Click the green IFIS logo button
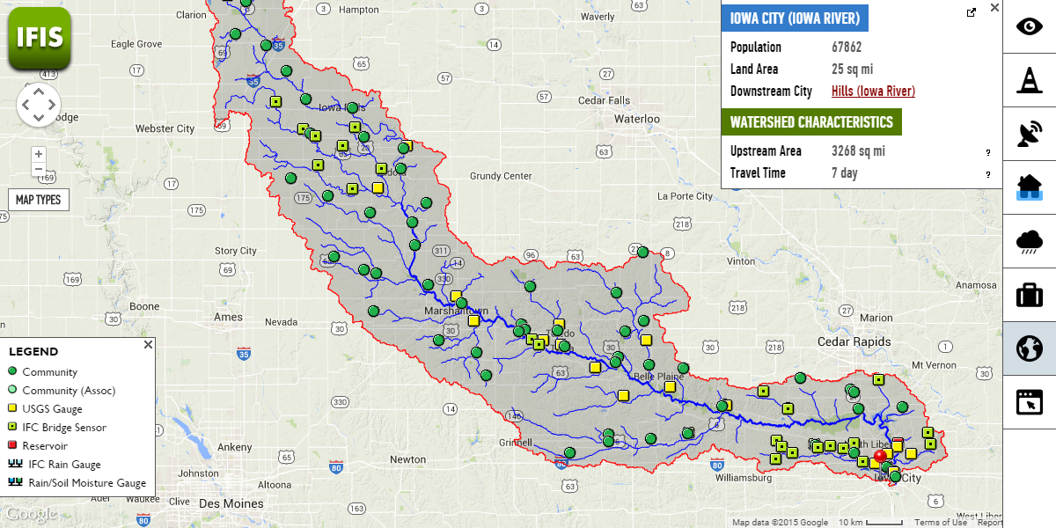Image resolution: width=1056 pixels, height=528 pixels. coord(39,38)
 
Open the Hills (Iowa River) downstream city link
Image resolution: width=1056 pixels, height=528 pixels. coord(873,92)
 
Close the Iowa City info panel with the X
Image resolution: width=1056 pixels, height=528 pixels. coord(994,8)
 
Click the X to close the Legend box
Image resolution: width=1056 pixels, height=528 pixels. coord(148,345)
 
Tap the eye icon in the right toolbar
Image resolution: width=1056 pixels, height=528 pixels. coord(1029,26)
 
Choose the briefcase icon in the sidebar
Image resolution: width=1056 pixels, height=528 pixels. coord(1029,295)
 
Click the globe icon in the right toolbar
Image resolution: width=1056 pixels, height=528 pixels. coord(1029,348)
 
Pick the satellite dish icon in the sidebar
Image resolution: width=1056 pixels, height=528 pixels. coord(1029,134)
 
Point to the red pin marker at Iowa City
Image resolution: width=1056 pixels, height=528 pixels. coord(880,458)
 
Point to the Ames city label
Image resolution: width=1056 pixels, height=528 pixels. coord(228,317)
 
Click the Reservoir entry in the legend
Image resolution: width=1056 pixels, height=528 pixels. coord(45,446)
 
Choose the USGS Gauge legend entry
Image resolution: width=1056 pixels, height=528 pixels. coord(52,409)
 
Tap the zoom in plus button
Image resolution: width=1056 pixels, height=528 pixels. coord(38,154)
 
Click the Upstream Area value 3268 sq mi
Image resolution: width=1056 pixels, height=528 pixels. coord(858,151)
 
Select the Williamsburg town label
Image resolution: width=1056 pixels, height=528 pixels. coord(744,479)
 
